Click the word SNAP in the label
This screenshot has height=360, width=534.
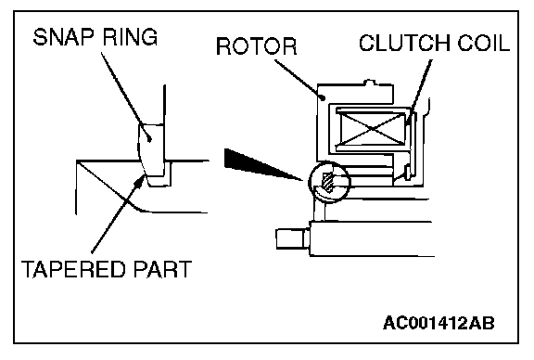[63, 37]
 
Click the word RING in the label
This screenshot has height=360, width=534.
[130, 37]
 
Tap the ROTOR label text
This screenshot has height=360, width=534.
[257, 46]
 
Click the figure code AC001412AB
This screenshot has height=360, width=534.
[439, 323]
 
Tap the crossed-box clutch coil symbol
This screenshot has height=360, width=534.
[371, 129]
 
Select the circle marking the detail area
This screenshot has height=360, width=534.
[309, 183]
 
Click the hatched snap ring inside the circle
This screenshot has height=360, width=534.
[328, 182]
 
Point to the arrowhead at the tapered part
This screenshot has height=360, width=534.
[139, 180]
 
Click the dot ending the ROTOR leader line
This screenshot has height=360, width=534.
[324, 98]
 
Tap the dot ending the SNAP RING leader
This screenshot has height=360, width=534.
[149, 138]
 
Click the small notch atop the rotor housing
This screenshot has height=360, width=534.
[370, 82]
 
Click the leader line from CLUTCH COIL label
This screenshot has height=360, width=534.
[420, 90]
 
